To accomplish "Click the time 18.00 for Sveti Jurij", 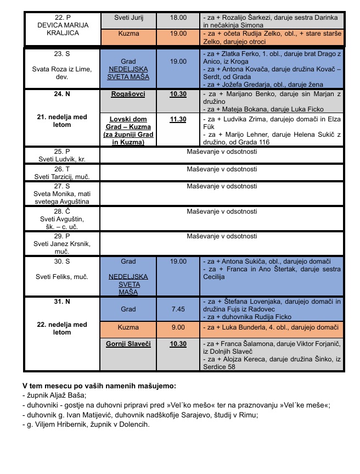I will coord(178,18).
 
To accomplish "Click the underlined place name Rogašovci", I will coord(128,94).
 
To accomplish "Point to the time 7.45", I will coord(178,309).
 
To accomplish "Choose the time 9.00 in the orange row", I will coord(178,327).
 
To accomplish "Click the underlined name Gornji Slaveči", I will coord(128,344).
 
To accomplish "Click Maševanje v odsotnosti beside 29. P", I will coord(222,236).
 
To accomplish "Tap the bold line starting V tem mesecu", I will coord(99,386).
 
